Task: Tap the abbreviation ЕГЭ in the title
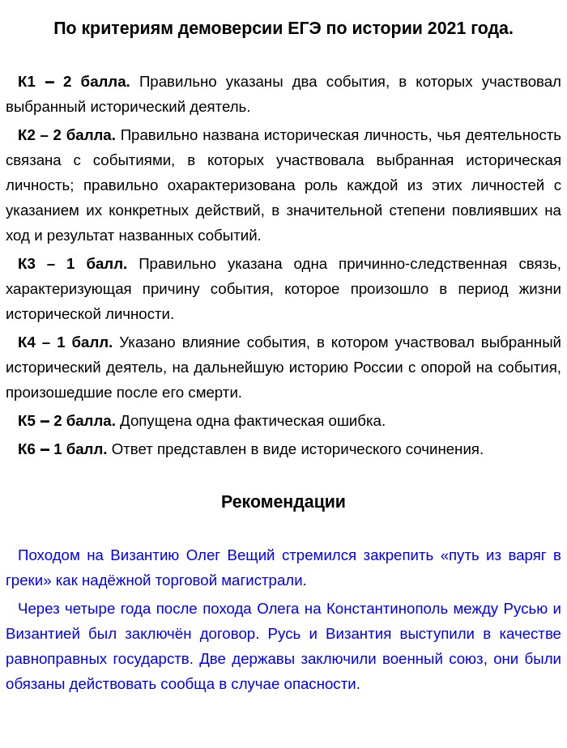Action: pyautogui.click(x=305, y=28)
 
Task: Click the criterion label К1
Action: pyautogui.click(x=27, y=82)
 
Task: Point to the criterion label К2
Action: pyautogui.click(x=27, y=135)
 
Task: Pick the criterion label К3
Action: pyautogui.click(x=27, y=264)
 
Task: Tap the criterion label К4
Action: pyautogui.click(x=27, y=342)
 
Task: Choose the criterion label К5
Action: pyautogui.click(x=27, y=421)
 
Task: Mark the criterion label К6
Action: pyautogui.click(x=27, y=449)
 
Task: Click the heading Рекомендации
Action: pyautogui.click(x=283, y=502)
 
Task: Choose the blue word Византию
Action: pyautogui.click(x=143, y=555)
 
